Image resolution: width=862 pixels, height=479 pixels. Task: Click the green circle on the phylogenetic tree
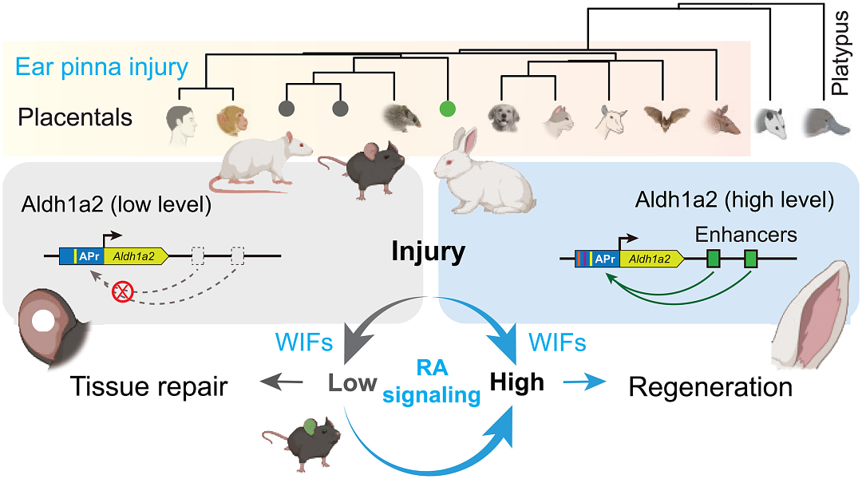coord(449,107)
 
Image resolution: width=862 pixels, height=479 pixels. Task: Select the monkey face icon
coord(232,121)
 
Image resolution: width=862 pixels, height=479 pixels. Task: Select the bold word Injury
coord(429,253)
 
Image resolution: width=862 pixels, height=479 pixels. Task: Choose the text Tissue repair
coord(149,387)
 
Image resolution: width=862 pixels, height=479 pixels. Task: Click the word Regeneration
coord(710,387)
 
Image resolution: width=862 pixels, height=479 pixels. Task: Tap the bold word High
coord(517,382)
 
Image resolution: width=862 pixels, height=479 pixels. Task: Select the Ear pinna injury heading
coord(102,67)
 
